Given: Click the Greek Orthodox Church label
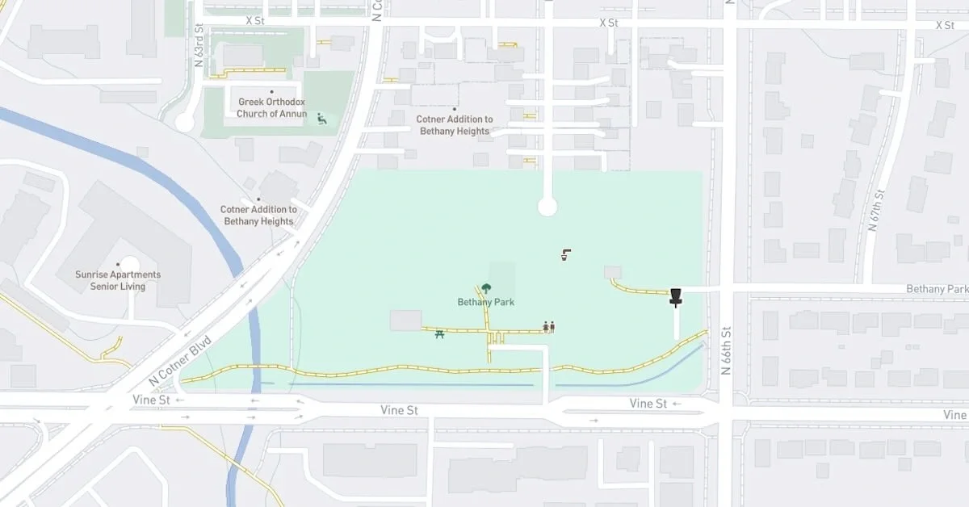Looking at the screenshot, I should point(271,107).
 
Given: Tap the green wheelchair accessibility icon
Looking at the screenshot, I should point(321,119).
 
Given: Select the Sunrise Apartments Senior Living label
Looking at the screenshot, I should point(118,280).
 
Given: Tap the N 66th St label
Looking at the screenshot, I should point(726,351).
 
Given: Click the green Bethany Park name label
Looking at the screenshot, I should point(486,302).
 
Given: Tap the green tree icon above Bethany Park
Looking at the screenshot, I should point(486,287).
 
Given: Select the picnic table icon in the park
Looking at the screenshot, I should point(439,333).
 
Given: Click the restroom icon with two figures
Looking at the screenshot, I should point(549,327).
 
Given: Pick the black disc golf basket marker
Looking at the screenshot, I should point(676,297).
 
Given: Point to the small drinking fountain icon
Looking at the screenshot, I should point(566,256).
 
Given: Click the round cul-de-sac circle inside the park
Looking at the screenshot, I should point(547,207).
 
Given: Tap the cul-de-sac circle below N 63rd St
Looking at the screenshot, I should point(185,123).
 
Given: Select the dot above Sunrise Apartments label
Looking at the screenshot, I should point(119,263).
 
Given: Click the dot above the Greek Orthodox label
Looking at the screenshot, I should point(271,92).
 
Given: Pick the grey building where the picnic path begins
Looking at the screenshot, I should point(405,320).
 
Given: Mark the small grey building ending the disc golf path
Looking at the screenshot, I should point(613,272).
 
